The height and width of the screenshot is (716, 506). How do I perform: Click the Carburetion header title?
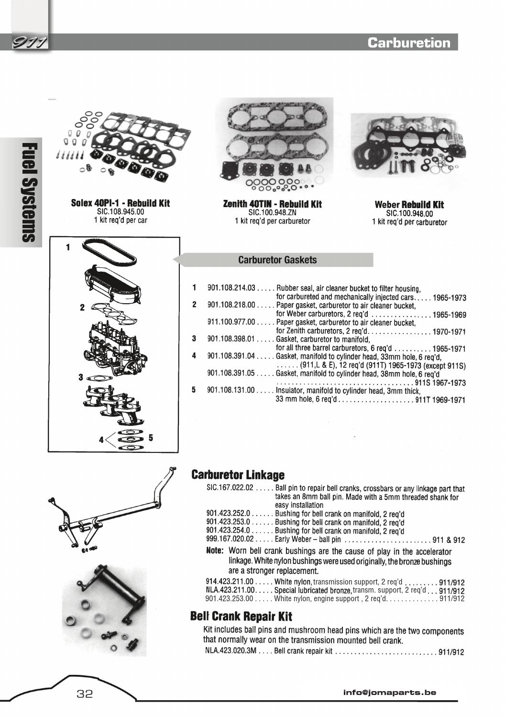pyautogui.click(x=409, y=43)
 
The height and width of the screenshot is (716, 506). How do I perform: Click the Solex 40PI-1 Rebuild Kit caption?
pyautogui.click(x=120, y=203)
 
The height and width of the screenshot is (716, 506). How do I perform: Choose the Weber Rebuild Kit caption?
pyautogui.click(x=409, y=205)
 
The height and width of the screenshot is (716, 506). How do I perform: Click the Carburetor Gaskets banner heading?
pyautogui.click(x=277, y=260)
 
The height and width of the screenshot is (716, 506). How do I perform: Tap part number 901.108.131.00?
pyautogui.click(x=231, y=390)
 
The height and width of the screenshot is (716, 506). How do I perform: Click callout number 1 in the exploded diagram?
pyautogui.click(x=68, y=247)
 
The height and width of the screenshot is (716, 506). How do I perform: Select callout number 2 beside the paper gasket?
pyautogui.click(x=82, y=308)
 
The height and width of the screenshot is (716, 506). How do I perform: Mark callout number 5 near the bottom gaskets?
pyautogui.click(x=151, y=437)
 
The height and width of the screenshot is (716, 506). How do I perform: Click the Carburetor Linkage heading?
pyautogui.click(x=238, y=475)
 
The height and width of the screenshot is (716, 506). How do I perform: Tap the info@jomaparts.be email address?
pyautogui.click(x=389, y=692)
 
